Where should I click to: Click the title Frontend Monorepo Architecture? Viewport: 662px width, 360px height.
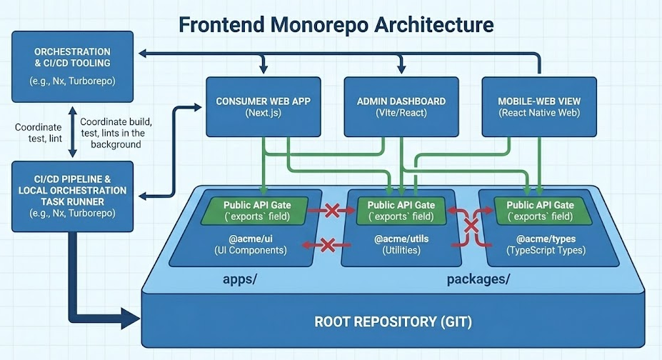tap(335, 24)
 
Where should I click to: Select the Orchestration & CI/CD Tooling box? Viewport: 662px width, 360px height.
tap(72, 66)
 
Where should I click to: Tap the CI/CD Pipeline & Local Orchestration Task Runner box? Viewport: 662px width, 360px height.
tap(72, 196)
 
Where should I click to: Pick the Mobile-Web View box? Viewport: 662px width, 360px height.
tap(539, 107)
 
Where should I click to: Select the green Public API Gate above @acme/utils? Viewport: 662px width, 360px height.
tap(401, 210)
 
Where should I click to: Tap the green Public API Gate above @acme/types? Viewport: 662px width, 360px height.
tap(539, 210)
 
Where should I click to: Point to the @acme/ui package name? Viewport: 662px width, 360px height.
tap(246, 239)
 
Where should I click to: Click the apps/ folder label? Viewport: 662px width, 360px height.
tap(239, 279)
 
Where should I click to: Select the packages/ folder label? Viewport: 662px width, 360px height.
tap(478, 279)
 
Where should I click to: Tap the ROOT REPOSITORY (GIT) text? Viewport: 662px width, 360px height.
tap(393, 321)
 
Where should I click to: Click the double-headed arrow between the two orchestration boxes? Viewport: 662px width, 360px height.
tap(71, 132)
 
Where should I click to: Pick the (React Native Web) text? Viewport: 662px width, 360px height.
tap(539, 114)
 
